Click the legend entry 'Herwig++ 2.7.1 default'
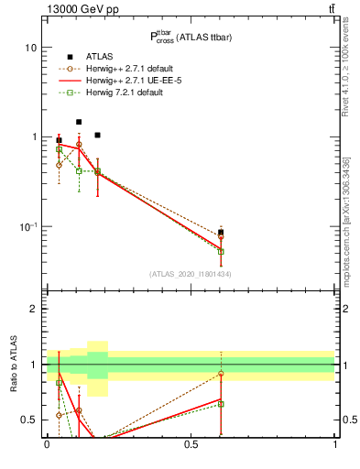[x=134, y=69]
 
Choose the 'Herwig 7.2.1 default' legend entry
[x=129, y=93]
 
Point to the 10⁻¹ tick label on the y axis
[x=29, y=226]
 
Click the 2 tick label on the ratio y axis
[x=34, y=309]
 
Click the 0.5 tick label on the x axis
[x=191, y=445]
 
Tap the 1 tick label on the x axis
[x=334, y=445]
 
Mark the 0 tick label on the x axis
[x=47, y=445]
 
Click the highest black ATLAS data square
[x=79, y=121]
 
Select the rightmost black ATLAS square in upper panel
[x=221, y=233]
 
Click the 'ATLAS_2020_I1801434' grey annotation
[x=191, y=274]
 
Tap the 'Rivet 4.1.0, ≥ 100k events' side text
[x=345, y=62]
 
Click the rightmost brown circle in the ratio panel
[x=221, y=374]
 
